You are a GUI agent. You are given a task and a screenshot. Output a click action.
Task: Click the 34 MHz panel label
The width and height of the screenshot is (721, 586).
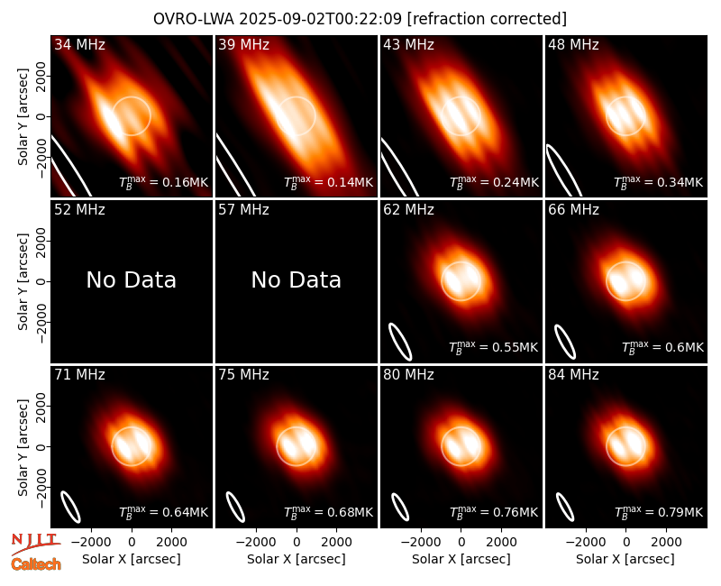click(x=79, y=44)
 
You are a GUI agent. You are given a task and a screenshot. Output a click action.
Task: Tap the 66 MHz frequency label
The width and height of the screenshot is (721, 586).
click(x=573, y=210)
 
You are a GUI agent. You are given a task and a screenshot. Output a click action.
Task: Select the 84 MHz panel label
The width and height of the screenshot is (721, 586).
click(x=573, y=375)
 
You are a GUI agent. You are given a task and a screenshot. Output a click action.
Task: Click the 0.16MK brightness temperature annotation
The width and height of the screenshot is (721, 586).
click(x=164, y=182)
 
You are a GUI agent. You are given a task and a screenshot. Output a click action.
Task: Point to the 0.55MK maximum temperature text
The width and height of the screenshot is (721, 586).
click(x=493, y=347)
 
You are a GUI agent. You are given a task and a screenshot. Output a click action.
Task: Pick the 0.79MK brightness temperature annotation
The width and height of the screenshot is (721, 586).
click(x=659, y=512)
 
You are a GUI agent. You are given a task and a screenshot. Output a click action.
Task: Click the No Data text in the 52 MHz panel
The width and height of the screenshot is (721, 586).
click(x=131, y=279)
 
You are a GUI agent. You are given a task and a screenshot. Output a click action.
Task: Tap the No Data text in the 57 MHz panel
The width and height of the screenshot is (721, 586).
click(x=297, y=279)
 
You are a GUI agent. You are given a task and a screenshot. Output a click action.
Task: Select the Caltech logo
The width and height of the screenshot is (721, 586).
click(x=36, y=564)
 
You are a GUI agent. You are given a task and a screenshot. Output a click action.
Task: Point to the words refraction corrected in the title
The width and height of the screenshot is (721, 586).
click(x=487, y=19)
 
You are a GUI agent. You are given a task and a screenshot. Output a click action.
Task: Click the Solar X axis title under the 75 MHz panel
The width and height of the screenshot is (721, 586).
click(x=297, y=559)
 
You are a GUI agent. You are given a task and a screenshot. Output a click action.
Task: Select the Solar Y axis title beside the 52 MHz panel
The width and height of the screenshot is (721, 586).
click(x=23, y=281)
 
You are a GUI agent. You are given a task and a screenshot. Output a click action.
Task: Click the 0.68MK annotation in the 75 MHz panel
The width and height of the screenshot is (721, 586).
click(x=328, y=512)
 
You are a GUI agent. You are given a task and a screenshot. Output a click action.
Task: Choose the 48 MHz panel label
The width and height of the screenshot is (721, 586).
click(x=573, y=44)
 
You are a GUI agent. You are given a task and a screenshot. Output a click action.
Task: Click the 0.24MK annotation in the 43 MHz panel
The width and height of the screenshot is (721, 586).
click(x=494, y=182)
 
